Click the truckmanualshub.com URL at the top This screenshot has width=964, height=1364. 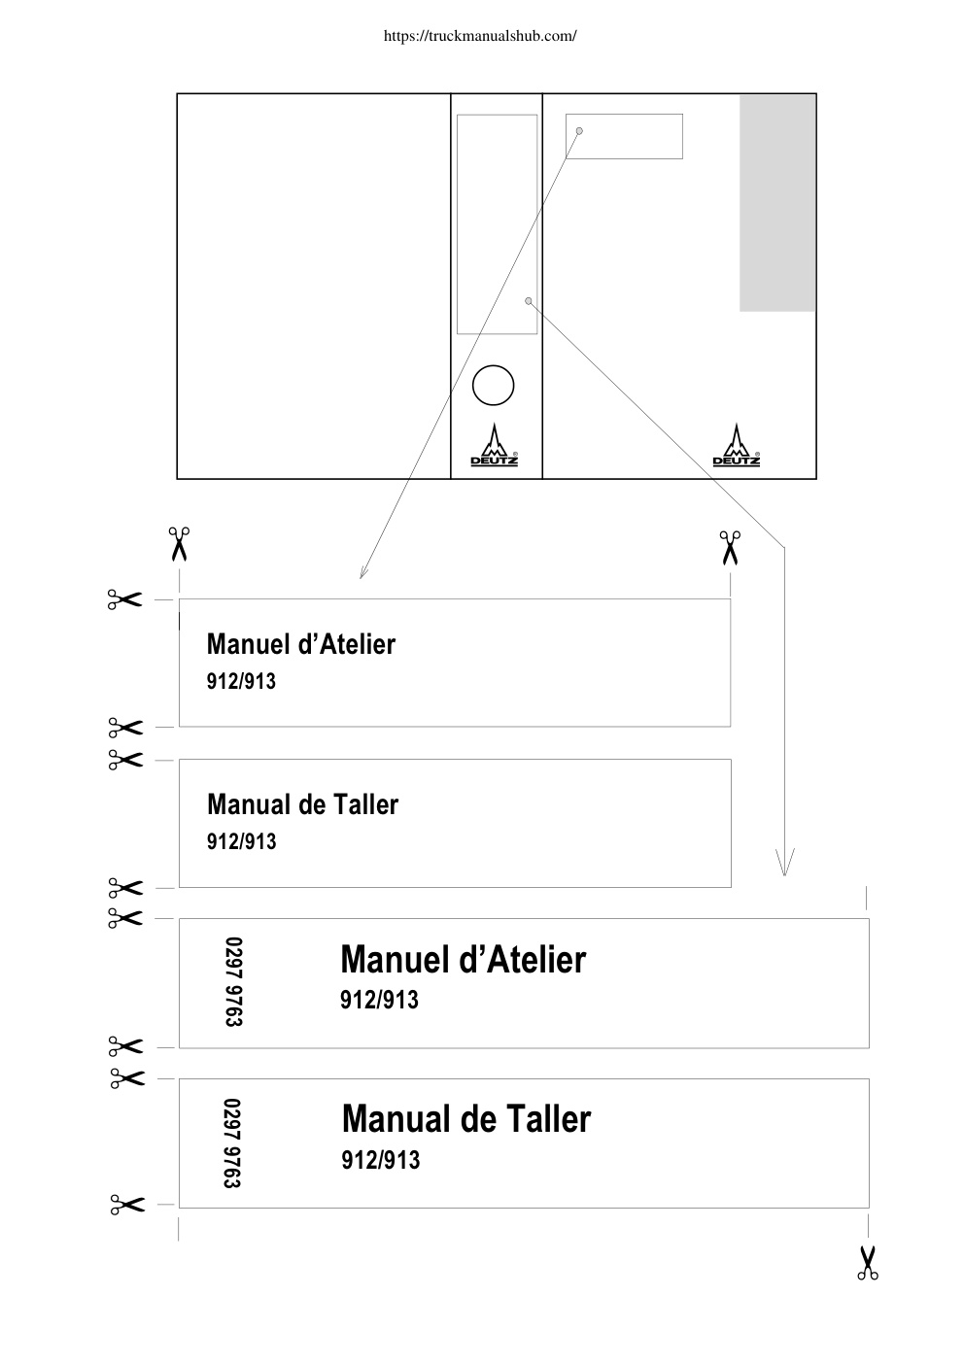pyautogui.click(x=480, y=36)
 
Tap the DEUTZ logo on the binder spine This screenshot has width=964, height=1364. pyautogui.click(x=495, y=445)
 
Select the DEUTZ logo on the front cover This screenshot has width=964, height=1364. pyautogui.click(x=737, y=445)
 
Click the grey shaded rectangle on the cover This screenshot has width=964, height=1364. pyautogui.click(x=777, y=203)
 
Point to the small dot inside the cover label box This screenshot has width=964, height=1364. pyautogui.click(x=579, y=131)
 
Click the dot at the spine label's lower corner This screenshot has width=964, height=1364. pyautogui.click(x=528, y=301)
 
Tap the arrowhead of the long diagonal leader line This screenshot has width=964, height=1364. pyautogui.click(x=362, y=572)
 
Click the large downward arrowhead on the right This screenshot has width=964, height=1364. pyautogui.click(x=784, y=862)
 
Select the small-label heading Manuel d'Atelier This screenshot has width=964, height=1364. pyautogui.click(x=301, y=644)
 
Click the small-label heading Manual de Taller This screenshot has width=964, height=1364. pyautogui.click(x=302, y=804)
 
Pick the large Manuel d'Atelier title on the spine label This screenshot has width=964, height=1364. pyautogui.click(x=463, y=959)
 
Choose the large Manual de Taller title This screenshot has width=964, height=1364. pyautogui.click(x=465, y=1118)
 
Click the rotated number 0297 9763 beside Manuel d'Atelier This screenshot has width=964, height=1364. pyautogui.click(x=234, y=981)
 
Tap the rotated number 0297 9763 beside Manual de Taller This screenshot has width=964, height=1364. pyautogui.click(x=232, y=1142)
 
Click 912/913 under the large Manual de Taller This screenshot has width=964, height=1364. pyautogui.click(x=381, y=1161)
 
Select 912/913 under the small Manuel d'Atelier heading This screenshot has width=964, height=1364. pyautogui.click(x=241, y=681)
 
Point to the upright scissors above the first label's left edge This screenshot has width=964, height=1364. pyautogui.click(x=179, y=544)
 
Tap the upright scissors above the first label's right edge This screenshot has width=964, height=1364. pyautogui.click(x=730, y=547)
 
